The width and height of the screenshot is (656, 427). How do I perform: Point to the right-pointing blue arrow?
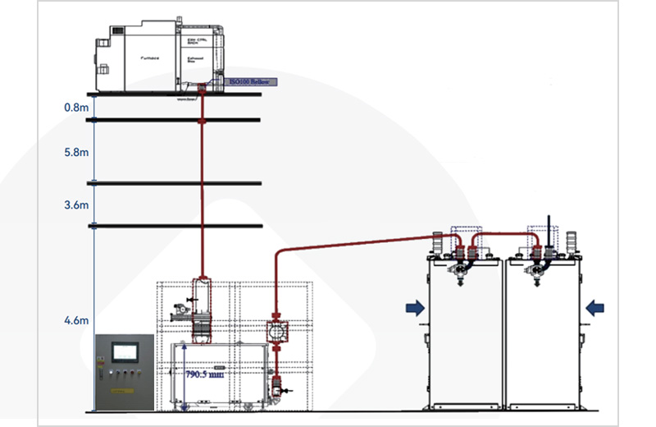point(415,308)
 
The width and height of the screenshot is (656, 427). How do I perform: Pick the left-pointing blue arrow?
point(595,308)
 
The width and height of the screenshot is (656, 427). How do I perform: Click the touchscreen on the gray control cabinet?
point(125,352)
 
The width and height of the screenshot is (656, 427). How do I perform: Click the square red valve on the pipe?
point(279,331)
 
